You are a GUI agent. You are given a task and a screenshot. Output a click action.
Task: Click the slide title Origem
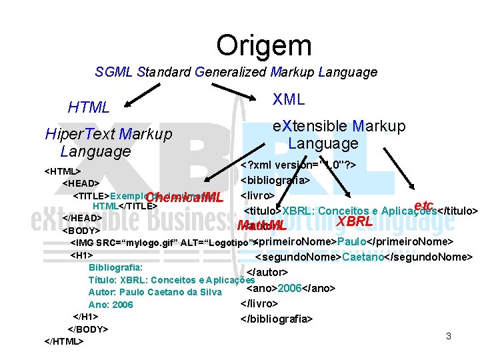tap(263, 45)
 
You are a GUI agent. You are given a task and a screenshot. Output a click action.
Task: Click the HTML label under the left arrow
tap(89, 107)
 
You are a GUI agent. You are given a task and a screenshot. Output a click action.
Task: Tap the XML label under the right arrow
tap(289, 100)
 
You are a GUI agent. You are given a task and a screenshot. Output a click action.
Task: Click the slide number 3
tap(449, 336)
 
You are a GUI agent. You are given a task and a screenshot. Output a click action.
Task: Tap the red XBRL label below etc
tap(354, 221)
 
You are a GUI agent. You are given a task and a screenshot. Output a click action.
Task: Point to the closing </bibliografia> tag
tap(276, 318)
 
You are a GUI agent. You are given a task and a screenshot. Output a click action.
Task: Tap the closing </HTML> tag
tap(64, 341)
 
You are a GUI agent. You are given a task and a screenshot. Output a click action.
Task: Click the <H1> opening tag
tap(81, 255)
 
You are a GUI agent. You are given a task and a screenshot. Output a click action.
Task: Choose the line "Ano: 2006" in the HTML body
tap(111, 304)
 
